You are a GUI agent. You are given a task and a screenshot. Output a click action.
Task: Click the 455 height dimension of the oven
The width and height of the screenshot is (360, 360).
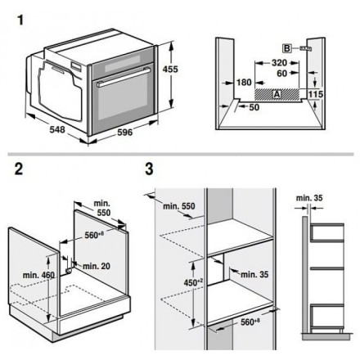(x=170, y=69)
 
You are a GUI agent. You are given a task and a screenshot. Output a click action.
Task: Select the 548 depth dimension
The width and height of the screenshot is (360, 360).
(x=57, y=129)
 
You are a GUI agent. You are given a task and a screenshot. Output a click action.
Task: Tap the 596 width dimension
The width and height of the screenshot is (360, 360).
(x=124, y=133)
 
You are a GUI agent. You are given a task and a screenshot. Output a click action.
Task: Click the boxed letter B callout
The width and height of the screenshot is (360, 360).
(x=286, y=48)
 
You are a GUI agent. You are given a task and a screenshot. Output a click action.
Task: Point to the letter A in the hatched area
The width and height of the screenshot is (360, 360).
(x=277, y=94)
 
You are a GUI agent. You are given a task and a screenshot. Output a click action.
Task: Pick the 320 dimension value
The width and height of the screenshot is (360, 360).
(x=279, y=63)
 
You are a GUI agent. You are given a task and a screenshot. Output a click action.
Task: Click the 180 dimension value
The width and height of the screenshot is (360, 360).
(x=244, y=82)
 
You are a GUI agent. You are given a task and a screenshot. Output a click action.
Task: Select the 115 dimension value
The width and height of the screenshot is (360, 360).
(x=316, y=94)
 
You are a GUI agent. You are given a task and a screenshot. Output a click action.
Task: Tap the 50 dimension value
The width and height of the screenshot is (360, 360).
(x=254, y=107)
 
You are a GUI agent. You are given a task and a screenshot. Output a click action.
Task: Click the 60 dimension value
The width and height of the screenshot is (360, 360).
(x=281, y=73)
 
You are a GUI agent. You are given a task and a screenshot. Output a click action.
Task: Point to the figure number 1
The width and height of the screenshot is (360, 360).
(x=20, y=20)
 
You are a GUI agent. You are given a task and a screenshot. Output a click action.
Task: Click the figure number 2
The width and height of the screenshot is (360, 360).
(x=19, y=169)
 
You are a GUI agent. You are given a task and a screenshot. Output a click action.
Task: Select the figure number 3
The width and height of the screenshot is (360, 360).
(x=149, y=169)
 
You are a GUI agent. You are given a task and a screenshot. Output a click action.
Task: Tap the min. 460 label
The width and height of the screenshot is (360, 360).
(x=38, y=275)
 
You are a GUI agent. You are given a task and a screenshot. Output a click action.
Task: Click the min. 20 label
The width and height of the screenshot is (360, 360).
(x=97, y=266)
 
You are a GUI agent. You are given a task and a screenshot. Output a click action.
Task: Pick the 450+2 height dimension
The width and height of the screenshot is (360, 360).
(x=193, y=282)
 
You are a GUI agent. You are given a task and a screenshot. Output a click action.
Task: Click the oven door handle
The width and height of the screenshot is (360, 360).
(x=124, y=77)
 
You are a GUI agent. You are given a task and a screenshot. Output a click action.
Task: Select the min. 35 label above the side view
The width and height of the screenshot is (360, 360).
(x=309, y=198)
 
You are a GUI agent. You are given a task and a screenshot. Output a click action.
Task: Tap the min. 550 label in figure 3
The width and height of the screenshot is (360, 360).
(x=179, y=206)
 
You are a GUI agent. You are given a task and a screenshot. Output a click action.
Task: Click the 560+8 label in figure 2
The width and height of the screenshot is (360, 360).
(x=95, y=235)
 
